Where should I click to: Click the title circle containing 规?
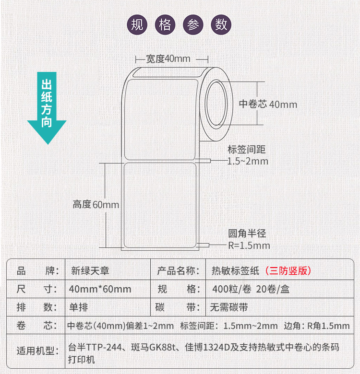[137, 25]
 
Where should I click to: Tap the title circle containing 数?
[221, 25]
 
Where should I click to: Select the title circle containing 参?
[193, 25]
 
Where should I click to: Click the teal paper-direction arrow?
[47, 108]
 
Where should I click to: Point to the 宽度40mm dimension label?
[168, 58]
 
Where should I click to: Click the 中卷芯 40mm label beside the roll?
[268, 104]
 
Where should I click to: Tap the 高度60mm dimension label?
[96, 205]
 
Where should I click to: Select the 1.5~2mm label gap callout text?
[248, 161]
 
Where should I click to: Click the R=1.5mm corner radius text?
[249, 245]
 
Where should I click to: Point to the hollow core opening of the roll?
[216, 104]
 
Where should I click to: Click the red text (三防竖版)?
[288, 270]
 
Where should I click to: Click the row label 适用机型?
[37, 351]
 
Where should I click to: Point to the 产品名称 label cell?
[178, 270]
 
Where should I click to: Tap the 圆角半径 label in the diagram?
[247, 234]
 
